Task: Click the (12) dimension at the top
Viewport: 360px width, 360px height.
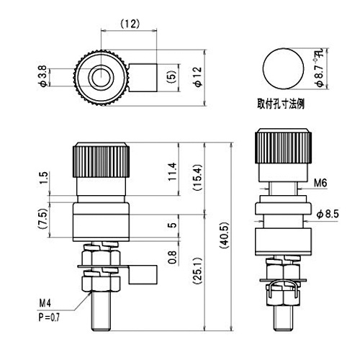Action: pyautogui.click(x=130, y=24)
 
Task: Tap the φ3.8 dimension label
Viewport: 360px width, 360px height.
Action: pyautogui.click(x=43, y=76)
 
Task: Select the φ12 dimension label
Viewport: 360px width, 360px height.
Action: pyautogui.click(x=199, y=76)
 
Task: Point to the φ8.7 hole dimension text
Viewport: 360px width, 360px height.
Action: pyautogui.click(x=320, y=68)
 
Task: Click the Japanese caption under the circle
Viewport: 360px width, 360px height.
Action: pyautogui.click(x=281, y=104)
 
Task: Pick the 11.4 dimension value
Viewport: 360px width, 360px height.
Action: pyautogui.click(x=172, y=171)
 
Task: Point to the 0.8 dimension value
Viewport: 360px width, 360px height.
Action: pyautogui.click(x=172, y=257)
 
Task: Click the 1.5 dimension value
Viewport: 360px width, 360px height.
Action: pyautogui.click(x=44, y=178)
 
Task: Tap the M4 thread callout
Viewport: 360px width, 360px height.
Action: pyautogui.click(x=45, y=304)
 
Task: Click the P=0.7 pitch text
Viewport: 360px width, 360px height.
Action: pyautogui.click(x=49, y=318)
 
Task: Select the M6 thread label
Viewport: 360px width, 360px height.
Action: pyautogui.click(x=320, y=183)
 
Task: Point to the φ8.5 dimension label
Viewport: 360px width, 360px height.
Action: pyautogui.click(x=328, y=215)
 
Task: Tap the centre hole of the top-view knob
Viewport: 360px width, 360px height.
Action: pyautogui.click(x=101, y=77)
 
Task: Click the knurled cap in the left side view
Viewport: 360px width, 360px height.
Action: pyautogui.click(x=102, y=160)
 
